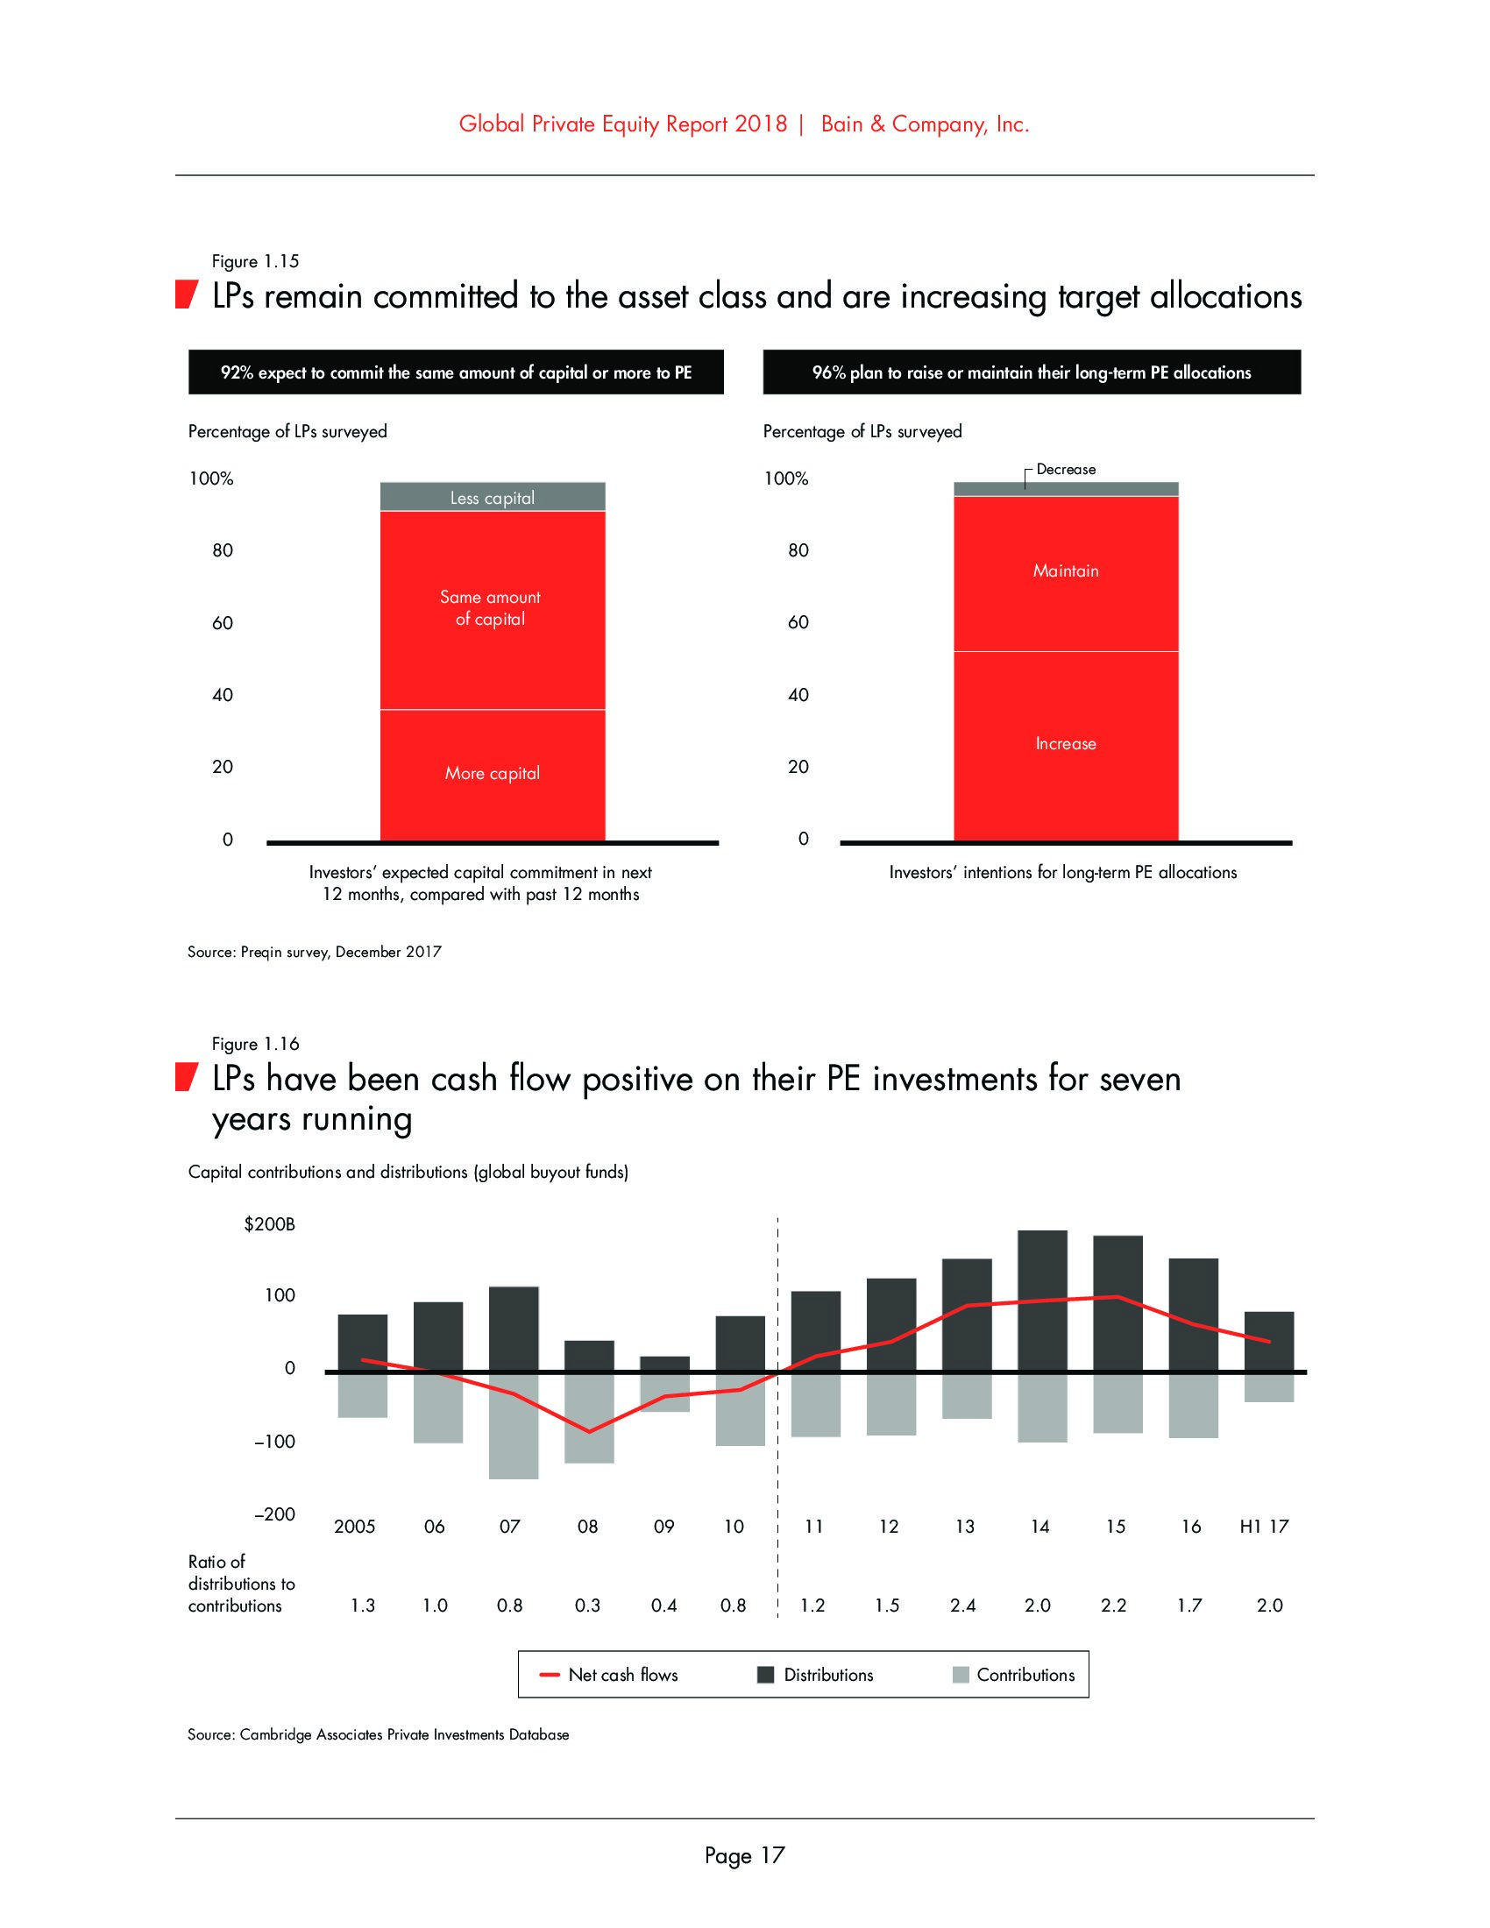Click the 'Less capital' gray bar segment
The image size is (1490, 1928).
tap(493, 497)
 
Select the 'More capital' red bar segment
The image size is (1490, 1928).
tap(493, 774)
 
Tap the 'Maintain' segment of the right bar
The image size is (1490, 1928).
tap(1066, 572)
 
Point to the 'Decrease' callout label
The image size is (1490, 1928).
tap(1066, 470)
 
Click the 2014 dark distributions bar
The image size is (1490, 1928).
tap(1041, 1301)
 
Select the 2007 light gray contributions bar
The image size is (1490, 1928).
tap(514, 1425)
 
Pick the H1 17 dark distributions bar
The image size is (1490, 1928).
tap(1268, 1341)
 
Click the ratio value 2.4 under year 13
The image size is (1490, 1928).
tap(963, 1605)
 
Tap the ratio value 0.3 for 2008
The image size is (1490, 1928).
tap(587, 1605)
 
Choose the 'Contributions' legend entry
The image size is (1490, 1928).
tap(1015, 1675)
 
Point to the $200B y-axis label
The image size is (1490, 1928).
tap(269, 1224)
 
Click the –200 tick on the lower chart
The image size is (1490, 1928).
tap(274, 1514)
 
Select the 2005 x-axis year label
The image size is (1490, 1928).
tap(354, 1527)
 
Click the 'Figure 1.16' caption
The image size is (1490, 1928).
tap(255, 1044)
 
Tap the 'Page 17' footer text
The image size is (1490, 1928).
tap(744, 1855)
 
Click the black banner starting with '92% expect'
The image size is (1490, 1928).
tap(456, 372)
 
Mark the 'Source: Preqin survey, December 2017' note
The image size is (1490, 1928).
tap(315, 952)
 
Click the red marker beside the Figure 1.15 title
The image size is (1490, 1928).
tap(185, 294)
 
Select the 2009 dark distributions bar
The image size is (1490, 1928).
tap(663, 1364)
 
